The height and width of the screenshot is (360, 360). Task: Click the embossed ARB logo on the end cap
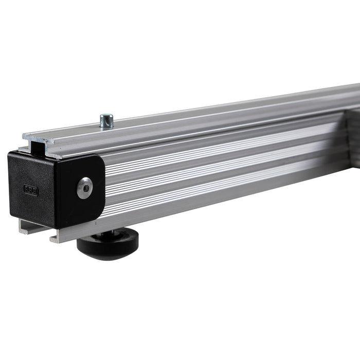point(31,190)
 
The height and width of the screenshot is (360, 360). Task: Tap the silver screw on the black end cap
point(84,188)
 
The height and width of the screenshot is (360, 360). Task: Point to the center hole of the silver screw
point(84,188)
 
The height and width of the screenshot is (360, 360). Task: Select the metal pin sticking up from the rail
point(106,121)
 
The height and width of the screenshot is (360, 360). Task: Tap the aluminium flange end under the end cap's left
point(22,227)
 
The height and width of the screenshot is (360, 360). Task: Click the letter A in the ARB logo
point(26,189)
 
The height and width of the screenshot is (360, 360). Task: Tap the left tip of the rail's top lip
point(24,136)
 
